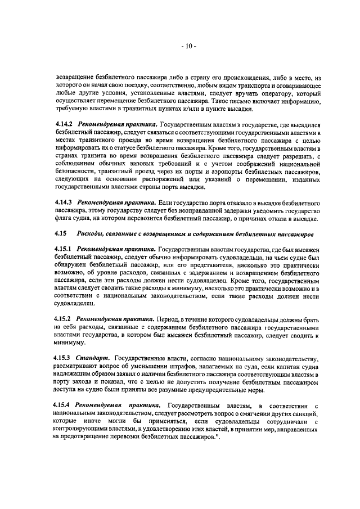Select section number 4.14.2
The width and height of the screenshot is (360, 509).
click(65, 124)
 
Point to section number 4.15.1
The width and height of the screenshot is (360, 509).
click(65, 249)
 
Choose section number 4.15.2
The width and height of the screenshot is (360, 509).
click(65, 318)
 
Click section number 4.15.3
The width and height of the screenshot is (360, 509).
click(65, 358)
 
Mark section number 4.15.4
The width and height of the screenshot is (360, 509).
click(65, 405)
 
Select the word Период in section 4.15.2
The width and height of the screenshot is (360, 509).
click(170, 318)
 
